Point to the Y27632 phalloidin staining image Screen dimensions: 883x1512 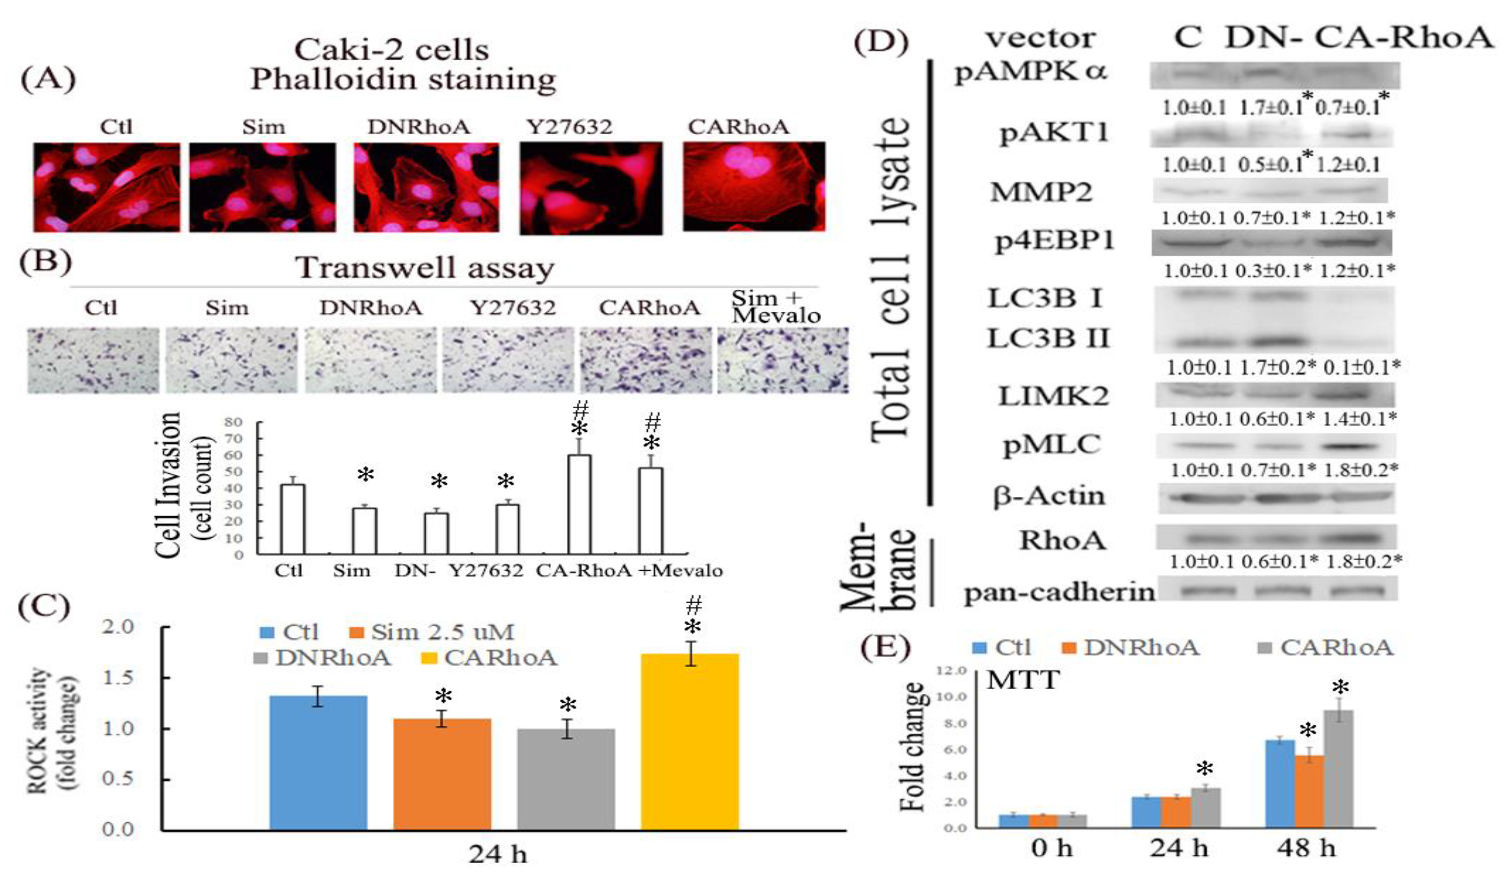[x=591, y=188]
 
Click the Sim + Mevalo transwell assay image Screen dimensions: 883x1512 [x=783, y=360]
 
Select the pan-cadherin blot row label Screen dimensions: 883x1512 [x=1059, y=593]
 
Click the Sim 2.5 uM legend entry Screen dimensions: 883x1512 [x=432, y=632]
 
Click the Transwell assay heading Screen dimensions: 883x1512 [x=425, y=268]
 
